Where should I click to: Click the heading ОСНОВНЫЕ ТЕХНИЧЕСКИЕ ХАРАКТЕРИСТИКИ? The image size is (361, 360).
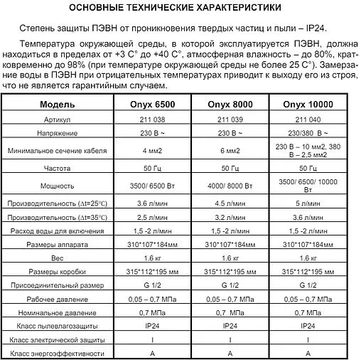pyautogui.click(x=180, y=8)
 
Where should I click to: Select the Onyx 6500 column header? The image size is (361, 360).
pyautogui.click(x=149, y=105)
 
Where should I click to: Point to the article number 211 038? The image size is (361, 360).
pyautogui.click(x=149, y=120)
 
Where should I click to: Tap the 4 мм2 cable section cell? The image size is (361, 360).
pyautogui.click(x=149, y=150)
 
